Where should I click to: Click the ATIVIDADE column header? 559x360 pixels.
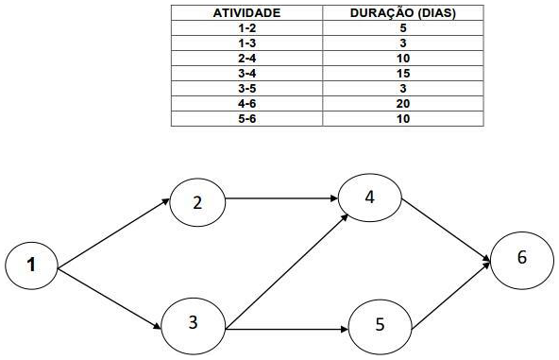(x=246, y=16)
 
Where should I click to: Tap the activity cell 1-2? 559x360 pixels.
(x=246, y=29)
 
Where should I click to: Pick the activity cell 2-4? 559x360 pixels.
(x=246, y=59)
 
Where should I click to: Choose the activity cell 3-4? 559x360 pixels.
(x=246, y=74)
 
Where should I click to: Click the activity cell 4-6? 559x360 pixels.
(x=246, y=103)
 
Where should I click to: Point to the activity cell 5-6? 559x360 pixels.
(x=246, y=118)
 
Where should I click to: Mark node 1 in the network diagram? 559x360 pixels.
(x=32, y=266)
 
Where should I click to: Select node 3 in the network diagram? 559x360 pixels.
(x=193, y=323)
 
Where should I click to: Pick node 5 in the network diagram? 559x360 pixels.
(x=380, y=324)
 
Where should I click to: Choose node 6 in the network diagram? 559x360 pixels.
(x=522, y=258)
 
